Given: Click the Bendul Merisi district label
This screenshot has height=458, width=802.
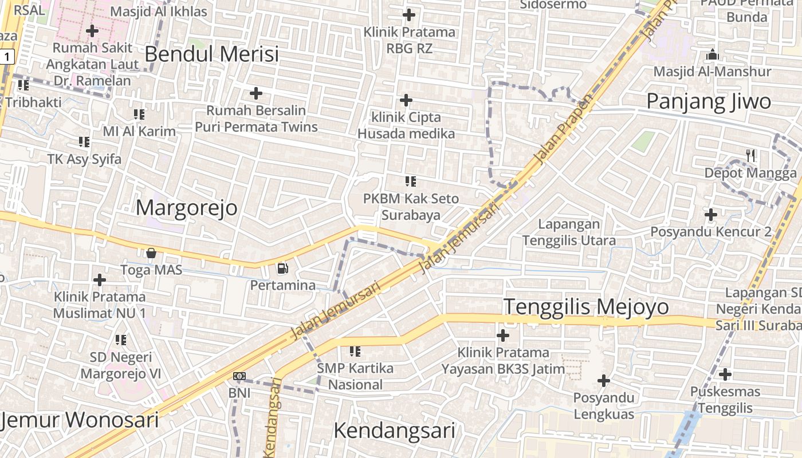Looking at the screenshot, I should pos(211,54).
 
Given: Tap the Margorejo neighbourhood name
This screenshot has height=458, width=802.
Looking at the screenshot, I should pos(186,207).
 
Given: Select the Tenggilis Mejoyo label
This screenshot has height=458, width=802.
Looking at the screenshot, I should pos(586,307).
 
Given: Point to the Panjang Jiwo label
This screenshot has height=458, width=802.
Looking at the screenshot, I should pos(709,101).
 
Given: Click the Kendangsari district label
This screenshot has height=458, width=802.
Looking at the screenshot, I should pos(394,431).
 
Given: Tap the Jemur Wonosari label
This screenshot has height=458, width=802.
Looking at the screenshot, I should pos(80,420).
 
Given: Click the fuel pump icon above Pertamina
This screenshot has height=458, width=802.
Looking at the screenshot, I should pos(282,268).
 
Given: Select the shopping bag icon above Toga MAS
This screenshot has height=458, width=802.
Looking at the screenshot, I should pos(151,252).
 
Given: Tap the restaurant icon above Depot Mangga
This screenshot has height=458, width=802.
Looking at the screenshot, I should pos(750,155).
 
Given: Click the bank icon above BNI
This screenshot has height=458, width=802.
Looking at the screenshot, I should pos(239,376).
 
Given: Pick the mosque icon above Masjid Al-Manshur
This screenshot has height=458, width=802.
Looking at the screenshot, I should pos(713,55).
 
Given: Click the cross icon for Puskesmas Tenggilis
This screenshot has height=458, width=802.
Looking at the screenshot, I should pos(725,374).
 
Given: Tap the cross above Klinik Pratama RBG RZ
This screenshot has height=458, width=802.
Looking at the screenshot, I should pos(409,14).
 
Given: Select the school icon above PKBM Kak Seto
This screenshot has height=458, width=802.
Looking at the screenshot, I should pos(410,181).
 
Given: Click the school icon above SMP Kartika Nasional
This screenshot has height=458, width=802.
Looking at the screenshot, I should pos(355,351).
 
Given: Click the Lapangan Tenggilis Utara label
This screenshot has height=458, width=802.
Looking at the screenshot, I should pos(569,232).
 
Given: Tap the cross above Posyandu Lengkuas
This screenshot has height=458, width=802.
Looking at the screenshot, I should pos(603,380).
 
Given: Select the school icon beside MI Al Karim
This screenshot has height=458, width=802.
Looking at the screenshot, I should pos(139,114).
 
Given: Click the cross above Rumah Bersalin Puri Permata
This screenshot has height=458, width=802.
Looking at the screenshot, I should pos(256,93).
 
